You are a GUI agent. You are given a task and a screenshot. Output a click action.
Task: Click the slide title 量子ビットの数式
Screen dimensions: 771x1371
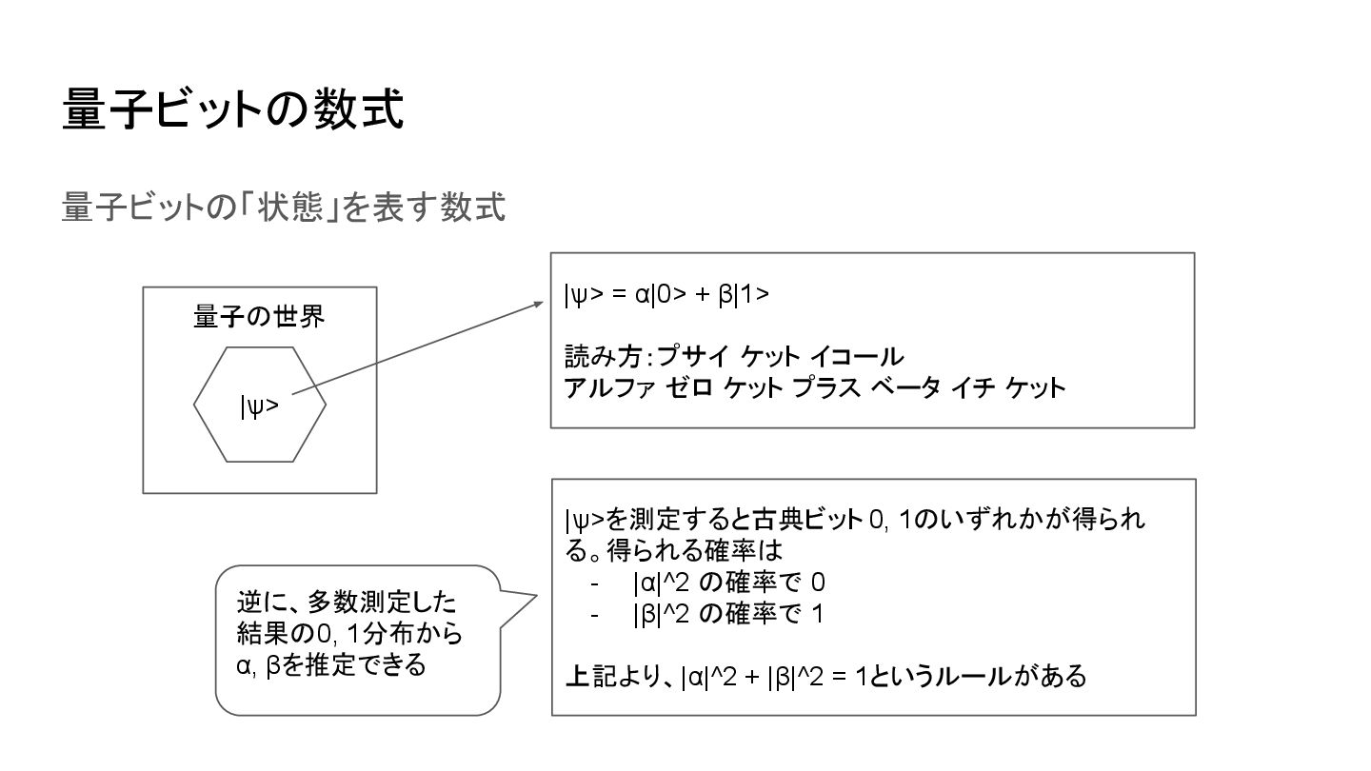(233, 109)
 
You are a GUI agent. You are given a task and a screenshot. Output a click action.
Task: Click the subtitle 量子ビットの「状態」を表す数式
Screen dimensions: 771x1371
(283, 207)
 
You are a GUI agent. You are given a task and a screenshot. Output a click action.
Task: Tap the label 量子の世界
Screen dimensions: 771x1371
(259, 316)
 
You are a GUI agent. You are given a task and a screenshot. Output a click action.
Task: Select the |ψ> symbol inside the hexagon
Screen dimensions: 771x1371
(259, 406)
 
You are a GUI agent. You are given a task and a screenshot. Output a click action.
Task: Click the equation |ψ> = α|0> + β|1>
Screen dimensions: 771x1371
(666, 295)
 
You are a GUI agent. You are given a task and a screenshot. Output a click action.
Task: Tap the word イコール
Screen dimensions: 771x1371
(856, 358)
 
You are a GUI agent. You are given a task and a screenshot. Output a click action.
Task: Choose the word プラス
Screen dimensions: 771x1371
(826, 388)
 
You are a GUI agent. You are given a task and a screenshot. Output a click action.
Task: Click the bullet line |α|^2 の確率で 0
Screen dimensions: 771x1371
(728, 583)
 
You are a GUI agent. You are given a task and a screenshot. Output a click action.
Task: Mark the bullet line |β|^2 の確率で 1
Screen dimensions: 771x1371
(727, 614)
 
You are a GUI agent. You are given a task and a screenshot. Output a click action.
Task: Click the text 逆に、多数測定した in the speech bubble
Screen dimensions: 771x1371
(347, 603)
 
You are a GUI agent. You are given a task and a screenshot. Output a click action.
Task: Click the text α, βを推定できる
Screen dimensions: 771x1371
(331, 664)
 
